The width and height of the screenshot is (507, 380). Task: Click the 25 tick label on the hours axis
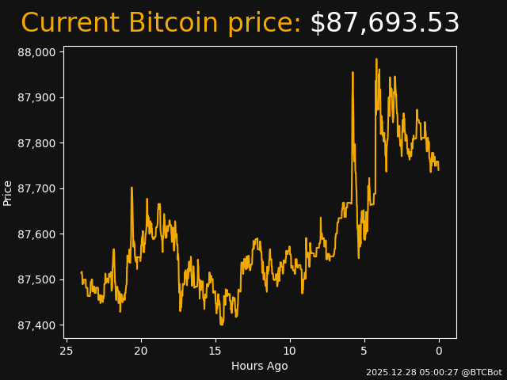point(67,351)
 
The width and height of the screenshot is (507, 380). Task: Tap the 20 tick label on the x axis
point(141,351)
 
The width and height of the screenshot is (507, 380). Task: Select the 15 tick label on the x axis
point(215,351)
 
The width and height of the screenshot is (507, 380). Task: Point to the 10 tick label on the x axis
point(290,351)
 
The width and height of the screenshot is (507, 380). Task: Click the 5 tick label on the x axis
point(364,351)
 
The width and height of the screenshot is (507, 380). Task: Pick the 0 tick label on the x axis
point(439,351)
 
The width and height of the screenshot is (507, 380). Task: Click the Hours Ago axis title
point(260,366)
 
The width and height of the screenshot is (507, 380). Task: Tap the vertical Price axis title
point(8,192)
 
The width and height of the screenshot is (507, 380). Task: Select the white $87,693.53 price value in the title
point(384,24)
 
